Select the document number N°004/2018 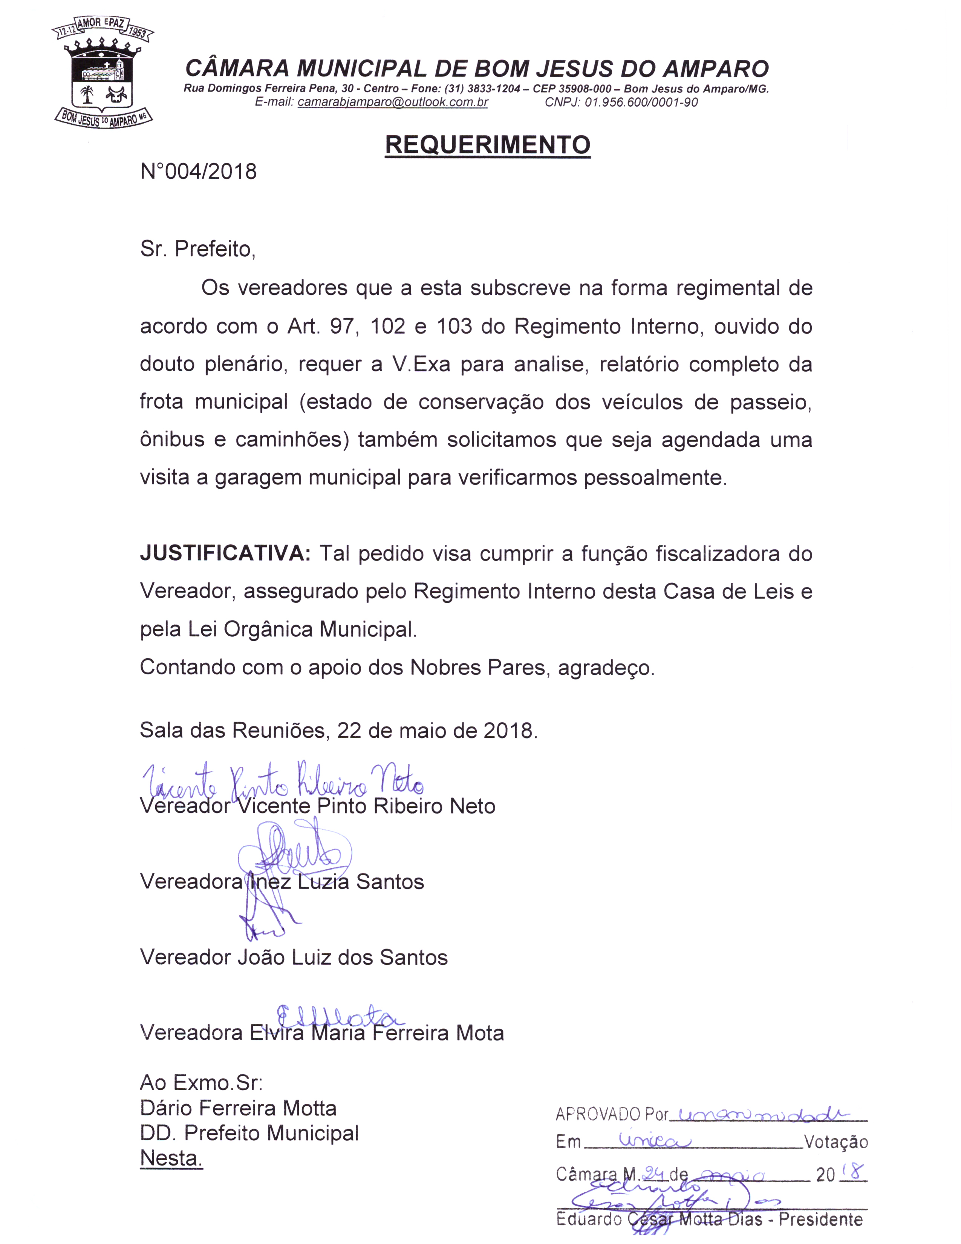(x=198, y=172)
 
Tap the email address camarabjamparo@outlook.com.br (x=392, y=103)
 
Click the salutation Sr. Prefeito (x=197, y=250)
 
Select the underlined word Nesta (x=171, y=1158)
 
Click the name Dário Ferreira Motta (x=238, y=1108)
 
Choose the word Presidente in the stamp (x=820, y=1219)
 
